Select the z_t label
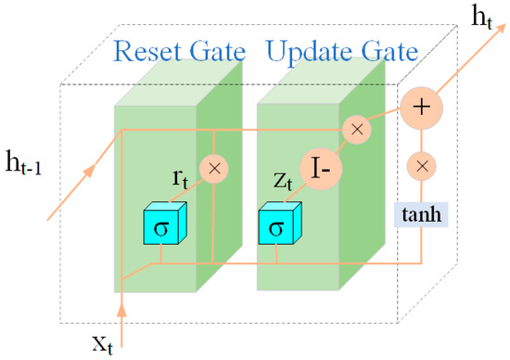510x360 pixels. click(287, 175)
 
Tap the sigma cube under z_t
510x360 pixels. click(275, 225)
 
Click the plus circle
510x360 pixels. click(421, 107)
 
